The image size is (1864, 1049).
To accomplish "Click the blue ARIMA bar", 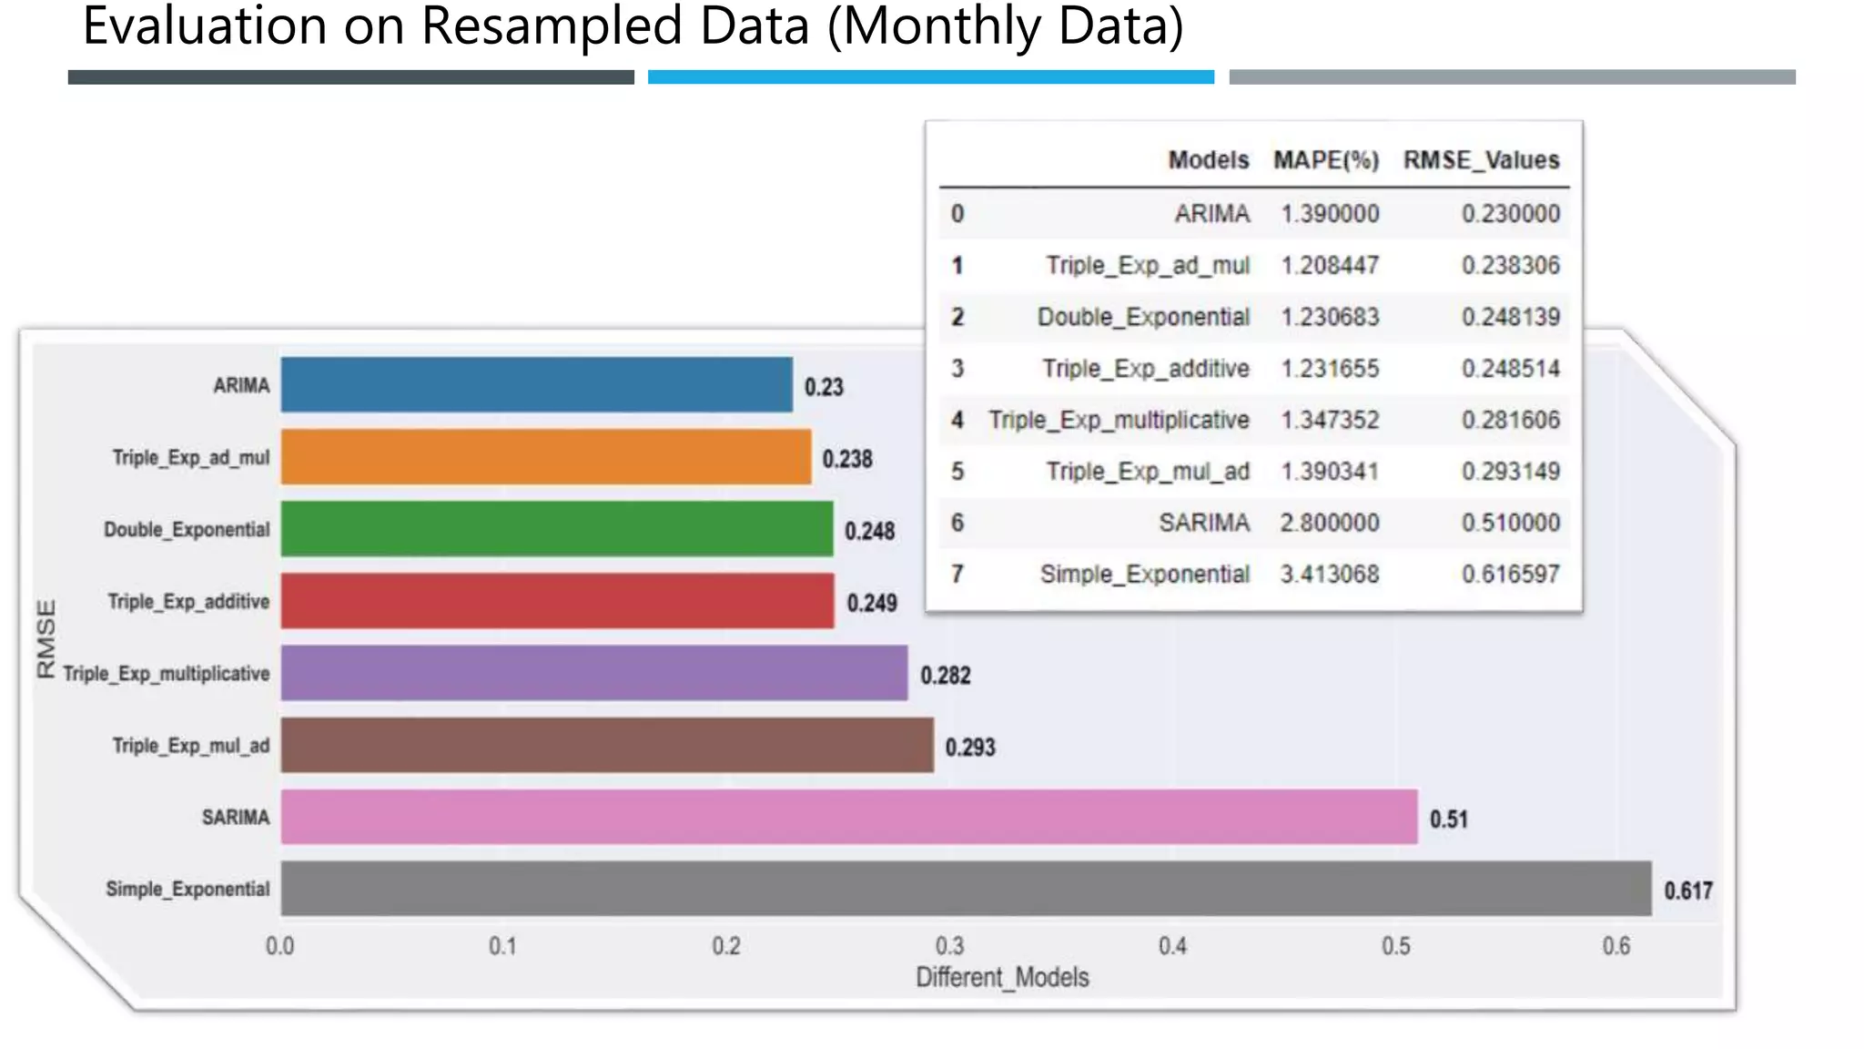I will [x=536, y=384].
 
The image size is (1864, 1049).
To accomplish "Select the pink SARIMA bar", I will [x=848, y=817].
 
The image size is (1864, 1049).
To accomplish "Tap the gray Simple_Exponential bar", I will [x=965, y=889].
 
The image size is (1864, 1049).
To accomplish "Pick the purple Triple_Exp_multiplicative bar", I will [x=593, y=673].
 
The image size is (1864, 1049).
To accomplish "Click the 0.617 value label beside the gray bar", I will [x=1688, y=891].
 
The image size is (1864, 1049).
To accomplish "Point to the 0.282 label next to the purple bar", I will [x=946, y=675].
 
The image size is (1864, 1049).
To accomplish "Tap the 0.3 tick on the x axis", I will [x=949, y=946].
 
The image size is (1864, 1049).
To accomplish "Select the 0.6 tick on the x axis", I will [x=1616, y=946].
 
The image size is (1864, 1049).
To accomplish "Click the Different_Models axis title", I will [x=1002, y=977].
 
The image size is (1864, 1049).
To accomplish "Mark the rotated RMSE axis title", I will [x=46, y=638].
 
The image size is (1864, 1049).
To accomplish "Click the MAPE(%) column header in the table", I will [x=1326, y=160].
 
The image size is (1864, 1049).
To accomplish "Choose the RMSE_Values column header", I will [x=1481, y=160].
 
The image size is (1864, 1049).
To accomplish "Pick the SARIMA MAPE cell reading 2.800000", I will [x=1330, y=523].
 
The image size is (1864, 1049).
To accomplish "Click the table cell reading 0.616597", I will [x=1511, y=575].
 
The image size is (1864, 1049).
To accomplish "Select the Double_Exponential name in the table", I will [x=1143, y=317].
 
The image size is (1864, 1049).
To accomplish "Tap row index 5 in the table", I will [x=957, y=472].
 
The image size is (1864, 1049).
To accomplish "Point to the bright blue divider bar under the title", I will [x=930, y=77].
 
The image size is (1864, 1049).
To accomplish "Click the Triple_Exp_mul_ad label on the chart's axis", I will [x=191, y=746].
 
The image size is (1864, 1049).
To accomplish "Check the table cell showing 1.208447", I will [x=1330, y=265].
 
